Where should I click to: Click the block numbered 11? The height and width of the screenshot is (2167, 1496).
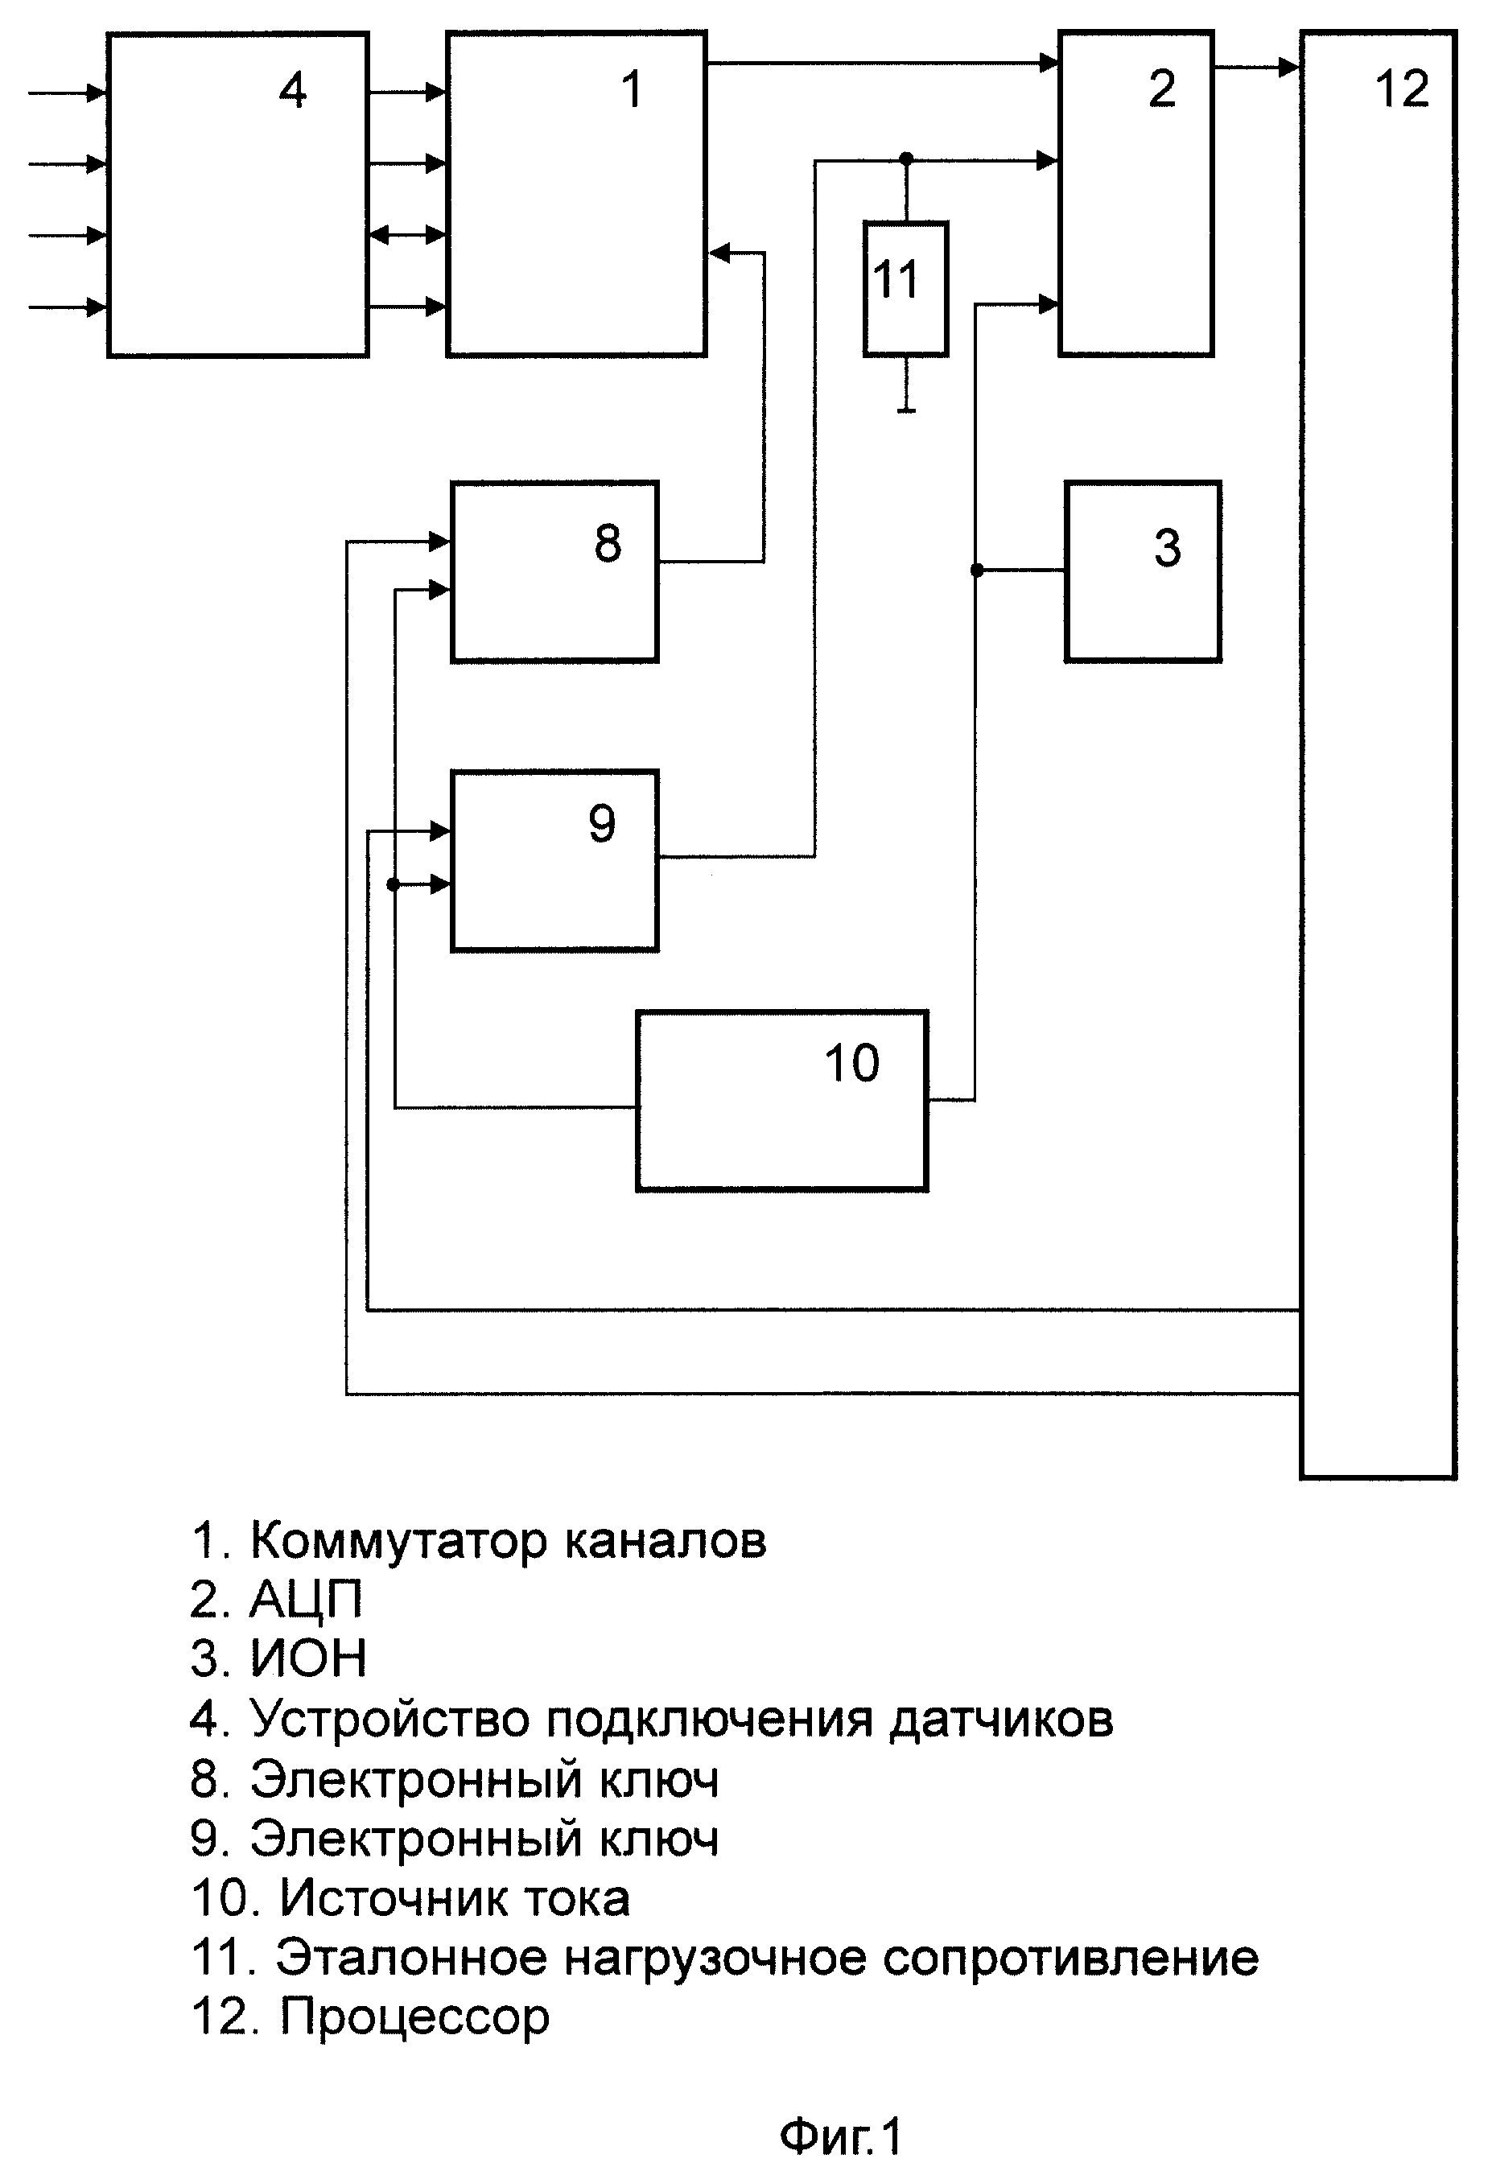(x=905, y=289)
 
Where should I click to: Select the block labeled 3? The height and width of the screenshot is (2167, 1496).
(x=1143, y=572)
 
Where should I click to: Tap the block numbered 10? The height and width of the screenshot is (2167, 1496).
(x=781, y=1100)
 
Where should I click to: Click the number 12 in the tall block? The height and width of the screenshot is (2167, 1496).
(x=1403, y=89)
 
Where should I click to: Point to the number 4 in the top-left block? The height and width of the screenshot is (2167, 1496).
(x=294, y=91)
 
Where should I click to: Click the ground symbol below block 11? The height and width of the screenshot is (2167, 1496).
(x=905, y=410)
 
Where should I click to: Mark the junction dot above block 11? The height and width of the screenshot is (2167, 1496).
(x=905, y=158)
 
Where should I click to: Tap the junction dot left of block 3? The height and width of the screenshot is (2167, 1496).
(x=977, y=570)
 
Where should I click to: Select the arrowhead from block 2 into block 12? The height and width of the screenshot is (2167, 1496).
(x=1290, y=67)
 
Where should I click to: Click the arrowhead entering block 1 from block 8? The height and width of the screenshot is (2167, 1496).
(x=719, y=252)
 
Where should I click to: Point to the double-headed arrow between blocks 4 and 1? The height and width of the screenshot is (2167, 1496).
(x=408, y=234)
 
